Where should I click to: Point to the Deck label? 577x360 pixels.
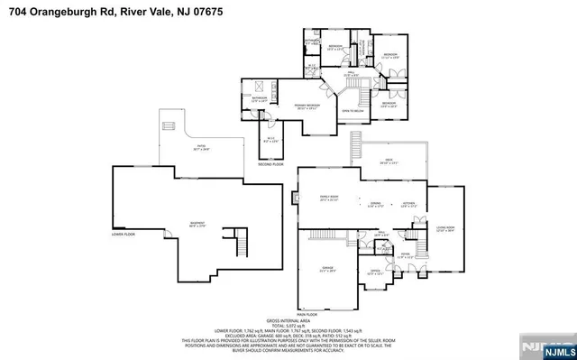tap(386, 162)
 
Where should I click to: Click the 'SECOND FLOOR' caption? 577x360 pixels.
tap(270, 165)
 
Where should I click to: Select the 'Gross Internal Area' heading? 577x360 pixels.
tap(290, 320)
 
